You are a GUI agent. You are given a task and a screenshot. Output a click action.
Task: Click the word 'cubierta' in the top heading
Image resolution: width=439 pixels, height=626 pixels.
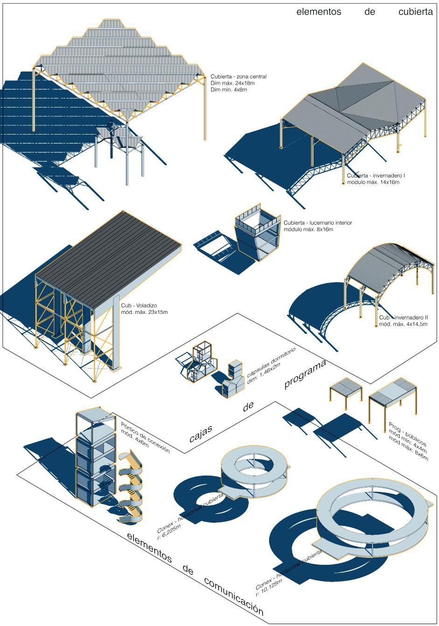(x=416, y=13)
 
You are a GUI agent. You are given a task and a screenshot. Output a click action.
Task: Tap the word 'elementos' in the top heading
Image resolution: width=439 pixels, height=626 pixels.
(x=319, y=13)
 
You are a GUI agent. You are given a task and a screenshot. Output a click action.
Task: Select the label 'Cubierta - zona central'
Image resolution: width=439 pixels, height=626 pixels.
(x=238, y=77)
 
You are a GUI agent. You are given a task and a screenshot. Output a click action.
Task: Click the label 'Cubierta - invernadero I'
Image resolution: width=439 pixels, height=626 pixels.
(x=376, y=176)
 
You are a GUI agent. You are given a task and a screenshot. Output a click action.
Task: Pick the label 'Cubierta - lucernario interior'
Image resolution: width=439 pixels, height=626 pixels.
(x=318, y=223)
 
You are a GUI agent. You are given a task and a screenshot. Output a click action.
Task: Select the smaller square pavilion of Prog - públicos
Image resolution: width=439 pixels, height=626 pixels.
(x=346, y=390)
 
